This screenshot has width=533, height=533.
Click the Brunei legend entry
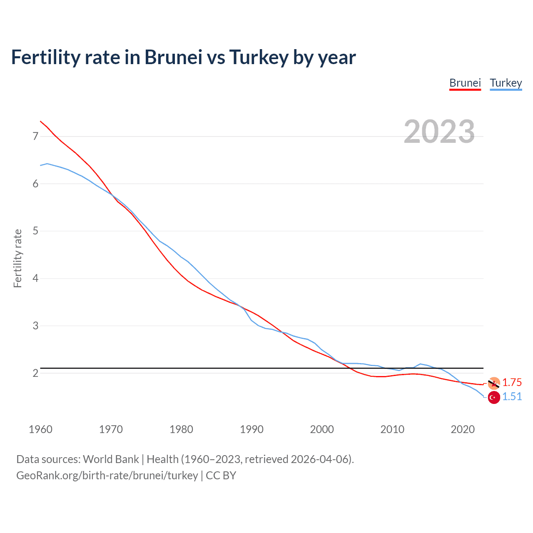click(x=465, y=83)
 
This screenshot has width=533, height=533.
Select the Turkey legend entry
click(x=506, y=83)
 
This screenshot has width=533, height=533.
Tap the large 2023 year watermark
click(x=439, y=132)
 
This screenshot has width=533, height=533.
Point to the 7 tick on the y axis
click(x=35, y=136)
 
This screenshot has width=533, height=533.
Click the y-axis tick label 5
click(x=35, y=231)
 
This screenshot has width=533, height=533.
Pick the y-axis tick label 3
click(x=35, y=326)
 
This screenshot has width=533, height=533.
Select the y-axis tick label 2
click(x=35, y=373)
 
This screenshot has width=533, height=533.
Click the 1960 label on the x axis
click(x=40, y=429)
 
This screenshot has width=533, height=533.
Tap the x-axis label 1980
click(x=181, y=429)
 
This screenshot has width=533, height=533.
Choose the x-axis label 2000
click(x=322, y=429)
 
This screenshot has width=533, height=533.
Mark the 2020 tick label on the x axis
click(x=463, y=429)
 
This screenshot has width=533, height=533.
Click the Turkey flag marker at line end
click(x=494, y=398)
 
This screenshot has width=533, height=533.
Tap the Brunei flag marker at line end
click(x=494, y=383)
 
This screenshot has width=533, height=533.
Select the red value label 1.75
click(x=512, y=382)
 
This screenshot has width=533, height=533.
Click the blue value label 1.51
click(x=512, y=397)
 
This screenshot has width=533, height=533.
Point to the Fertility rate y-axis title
click(x=17, y=258)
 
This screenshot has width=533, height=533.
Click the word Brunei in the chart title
click(x=173, y=57)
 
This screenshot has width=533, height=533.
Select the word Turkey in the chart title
click(x=259, y=57)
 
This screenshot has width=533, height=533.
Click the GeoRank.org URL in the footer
click(x=107, y=476)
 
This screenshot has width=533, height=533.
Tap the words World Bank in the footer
click(x=111, y=459)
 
